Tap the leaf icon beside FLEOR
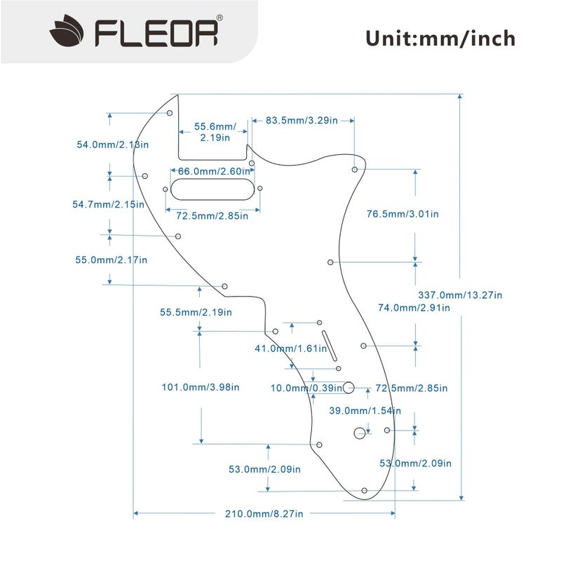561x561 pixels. click(x=67, y=32)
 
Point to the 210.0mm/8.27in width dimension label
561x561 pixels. click(x=264, y=514)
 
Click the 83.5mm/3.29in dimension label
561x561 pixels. click(x=302, y=121)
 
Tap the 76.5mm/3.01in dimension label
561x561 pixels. click(x=403, y=214)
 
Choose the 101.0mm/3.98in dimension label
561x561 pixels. click(x=201, y=386)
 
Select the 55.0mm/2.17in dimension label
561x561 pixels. click(x=111, y=259)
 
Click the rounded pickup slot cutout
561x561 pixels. click(x=214, y=187)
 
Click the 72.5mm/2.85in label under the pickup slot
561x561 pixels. click(x=211, y=216)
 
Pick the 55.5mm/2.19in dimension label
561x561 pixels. click(x=196, y=312)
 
